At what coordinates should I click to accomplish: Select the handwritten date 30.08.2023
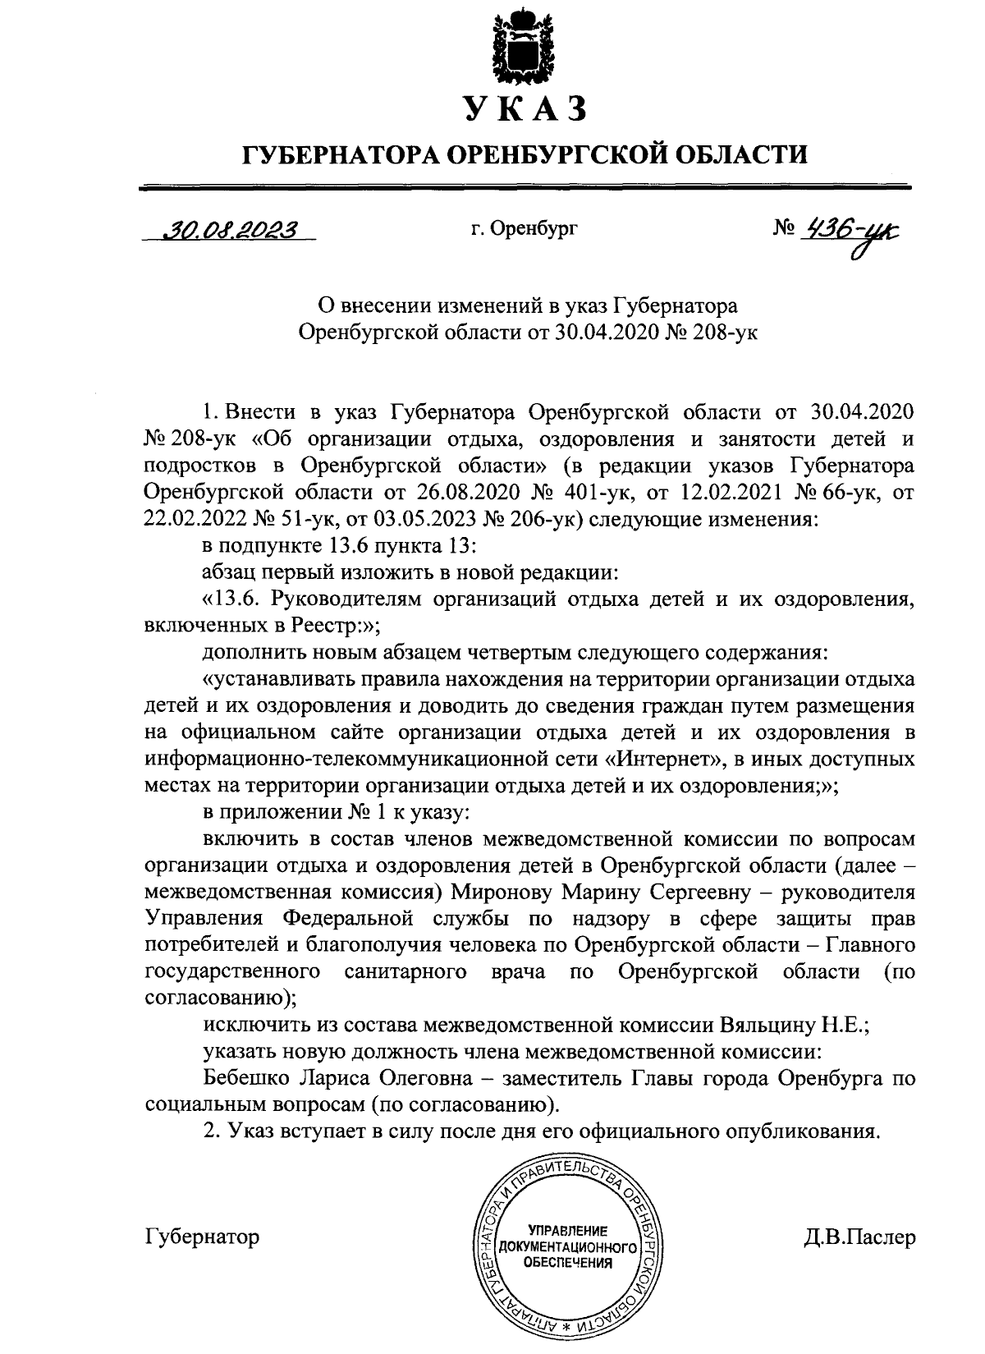(230, 230)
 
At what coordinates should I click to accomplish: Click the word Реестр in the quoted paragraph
(323, 627)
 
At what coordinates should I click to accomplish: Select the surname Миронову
(508, 892)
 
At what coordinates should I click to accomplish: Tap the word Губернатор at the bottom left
(202, 1236)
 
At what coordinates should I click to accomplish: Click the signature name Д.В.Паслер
(859, 1237)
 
